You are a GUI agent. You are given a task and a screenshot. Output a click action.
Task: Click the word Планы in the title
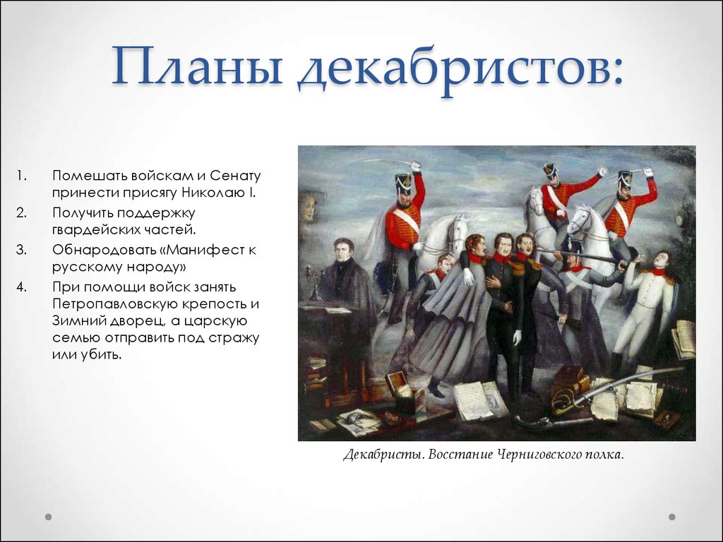(x=197, y=65)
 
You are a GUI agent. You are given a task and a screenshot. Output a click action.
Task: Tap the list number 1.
(x=22, y=176)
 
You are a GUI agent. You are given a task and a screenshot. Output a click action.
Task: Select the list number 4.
(x=22, y=287)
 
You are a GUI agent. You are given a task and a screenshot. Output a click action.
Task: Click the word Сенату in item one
(x=235, y=176)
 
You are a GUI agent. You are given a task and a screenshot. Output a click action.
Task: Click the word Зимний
(x=78, y=321)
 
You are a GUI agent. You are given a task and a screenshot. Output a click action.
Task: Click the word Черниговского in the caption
(x=537, y=455)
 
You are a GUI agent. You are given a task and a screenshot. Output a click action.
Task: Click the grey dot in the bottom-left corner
(x=49, y=517)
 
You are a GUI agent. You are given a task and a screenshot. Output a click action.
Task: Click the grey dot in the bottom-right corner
(x=672, y=517)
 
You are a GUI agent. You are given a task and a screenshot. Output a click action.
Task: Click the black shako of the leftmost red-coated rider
(x=404, y=183)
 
